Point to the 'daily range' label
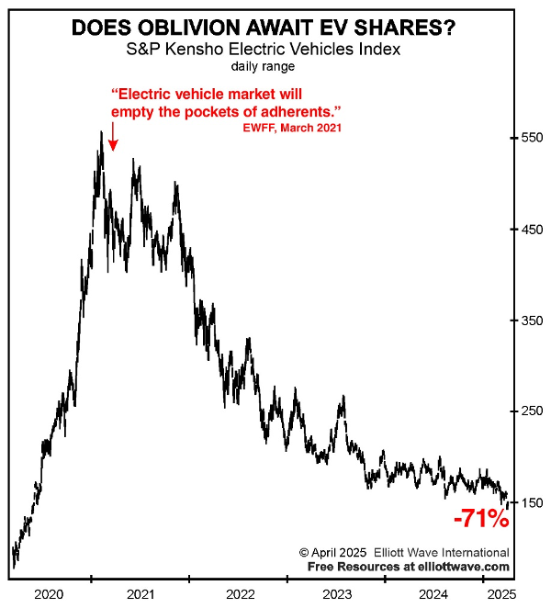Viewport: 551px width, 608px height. click(263, 67)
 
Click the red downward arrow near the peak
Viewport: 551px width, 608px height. click(113, 137)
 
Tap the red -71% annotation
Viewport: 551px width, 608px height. click(481, 518)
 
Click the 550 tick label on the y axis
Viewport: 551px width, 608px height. click(532, 138)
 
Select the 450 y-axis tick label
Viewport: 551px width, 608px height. click(532, 230)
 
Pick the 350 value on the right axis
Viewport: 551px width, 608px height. click(532, 321)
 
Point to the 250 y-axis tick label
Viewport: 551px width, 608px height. click(532, 411)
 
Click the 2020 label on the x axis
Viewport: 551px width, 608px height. click(49, 594)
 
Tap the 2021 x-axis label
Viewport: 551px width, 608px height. click(141, 594)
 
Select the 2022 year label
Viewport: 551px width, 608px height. click(241, 594)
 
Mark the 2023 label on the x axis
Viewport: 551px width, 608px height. click(337, 594)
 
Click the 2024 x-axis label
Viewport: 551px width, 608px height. click(433, 594)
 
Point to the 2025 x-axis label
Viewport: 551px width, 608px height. click(502, 594)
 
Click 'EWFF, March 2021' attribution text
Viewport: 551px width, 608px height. click(292, 128)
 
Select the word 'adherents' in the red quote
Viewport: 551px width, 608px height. click(297, 112)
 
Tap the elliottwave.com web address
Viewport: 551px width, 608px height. click(464, 567)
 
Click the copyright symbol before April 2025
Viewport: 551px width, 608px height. click(304, 553)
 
